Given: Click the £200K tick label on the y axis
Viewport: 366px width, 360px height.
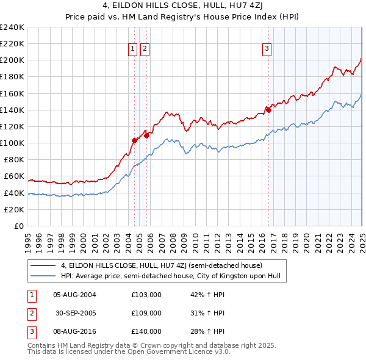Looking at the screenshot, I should [x=12, y=60].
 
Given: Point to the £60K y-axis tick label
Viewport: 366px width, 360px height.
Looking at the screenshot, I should [x=14, y=176].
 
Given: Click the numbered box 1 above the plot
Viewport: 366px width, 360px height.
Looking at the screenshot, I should [x=133, y=49].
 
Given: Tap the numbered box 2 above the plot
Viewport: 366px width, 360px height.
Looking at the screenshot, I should [x=145, y=49].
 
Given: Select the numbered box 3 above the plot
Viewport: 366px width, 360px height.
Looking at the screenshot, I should [x=267, y=49].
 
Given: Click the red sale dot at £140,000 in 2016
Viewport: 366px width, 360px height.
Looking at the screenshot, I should [x=268, y=110].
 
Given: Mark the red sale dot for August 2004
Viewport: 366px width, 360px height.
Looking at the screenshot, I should [x=134, y=140].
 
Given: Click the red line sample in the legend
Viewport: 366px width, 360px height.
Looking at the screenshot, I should [x=43, y=266].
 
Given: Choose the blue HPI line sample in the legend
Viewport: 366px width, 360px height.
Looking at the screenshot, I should [x=43, y=276].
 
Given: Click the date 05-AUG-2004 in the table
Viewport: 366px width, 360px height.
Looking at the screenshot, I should [x=74, y=295].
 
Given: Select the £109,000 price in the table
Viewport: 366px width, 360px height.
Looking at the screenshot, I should [x=146, y=313].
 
